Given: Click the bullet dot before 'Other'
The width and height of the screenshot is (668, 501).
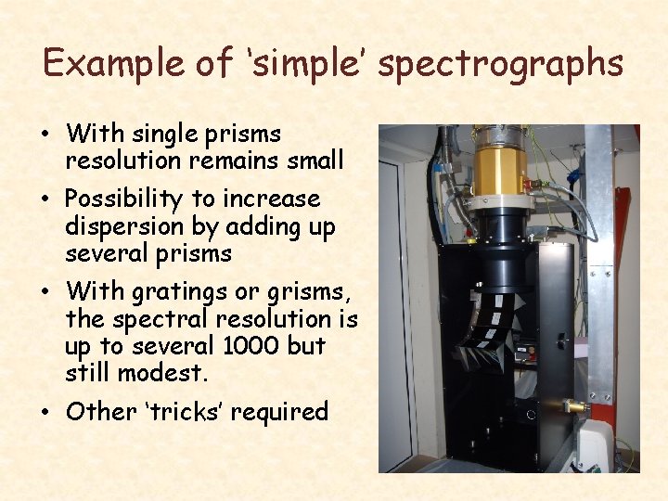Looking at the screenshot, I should point(45,412).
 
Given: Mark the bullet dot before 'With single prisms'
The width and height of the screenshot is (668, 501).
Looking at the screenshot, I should point(45,135).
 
